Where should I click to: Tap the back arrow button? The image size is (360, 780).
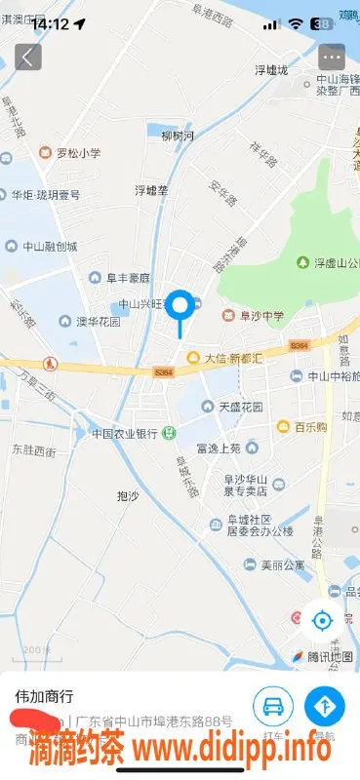click(27, 57)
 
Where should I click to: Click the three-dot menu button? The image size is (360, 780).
click(332, 57)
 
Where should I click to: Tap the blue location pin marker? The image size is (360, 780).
click(180, 307)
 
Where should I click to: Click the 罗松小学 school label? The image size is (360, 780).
click(69, 152)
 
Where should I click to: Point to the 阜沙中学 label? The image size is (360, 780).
click(258, 315)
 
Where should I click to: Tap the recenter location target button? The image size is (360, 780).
click(322, 618)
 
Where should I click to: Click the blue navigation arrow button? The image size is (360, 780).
click(325, 706)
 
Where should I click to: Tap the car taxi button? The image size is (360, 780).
click(273, 706)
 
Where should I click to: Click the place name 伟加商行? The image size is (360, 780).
click(44, 697)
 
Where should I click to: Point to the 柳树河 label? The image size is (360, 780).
click(178, 136)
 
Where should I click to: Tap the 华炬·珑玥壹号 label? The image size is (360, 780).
click(45, 194)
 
